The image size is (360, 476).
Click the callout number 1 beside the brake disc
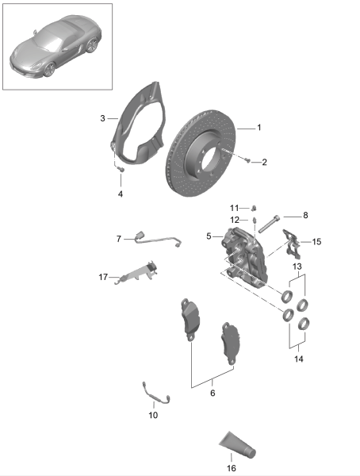259,128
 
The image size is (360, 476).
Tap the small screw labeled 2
247,159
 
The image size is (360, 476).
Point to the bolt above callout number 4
121,168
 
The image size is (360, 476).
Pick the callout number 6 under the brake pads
213,393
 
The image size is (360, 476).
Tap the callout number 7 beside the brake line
119,239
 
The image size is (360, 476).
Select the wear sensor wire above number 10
155,393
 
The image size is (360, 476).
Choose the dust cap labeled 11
255,208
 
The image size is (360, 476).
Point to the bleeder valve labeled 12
255,221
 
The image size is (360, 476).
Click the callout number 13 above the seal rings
297,267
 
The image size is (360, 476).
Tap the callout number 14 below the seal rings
299,359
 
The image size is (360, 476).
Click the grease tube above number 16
238,445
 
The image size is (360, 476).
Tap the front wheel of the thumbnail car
49,70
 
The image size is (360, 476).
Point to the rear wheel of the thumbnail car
92,45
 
